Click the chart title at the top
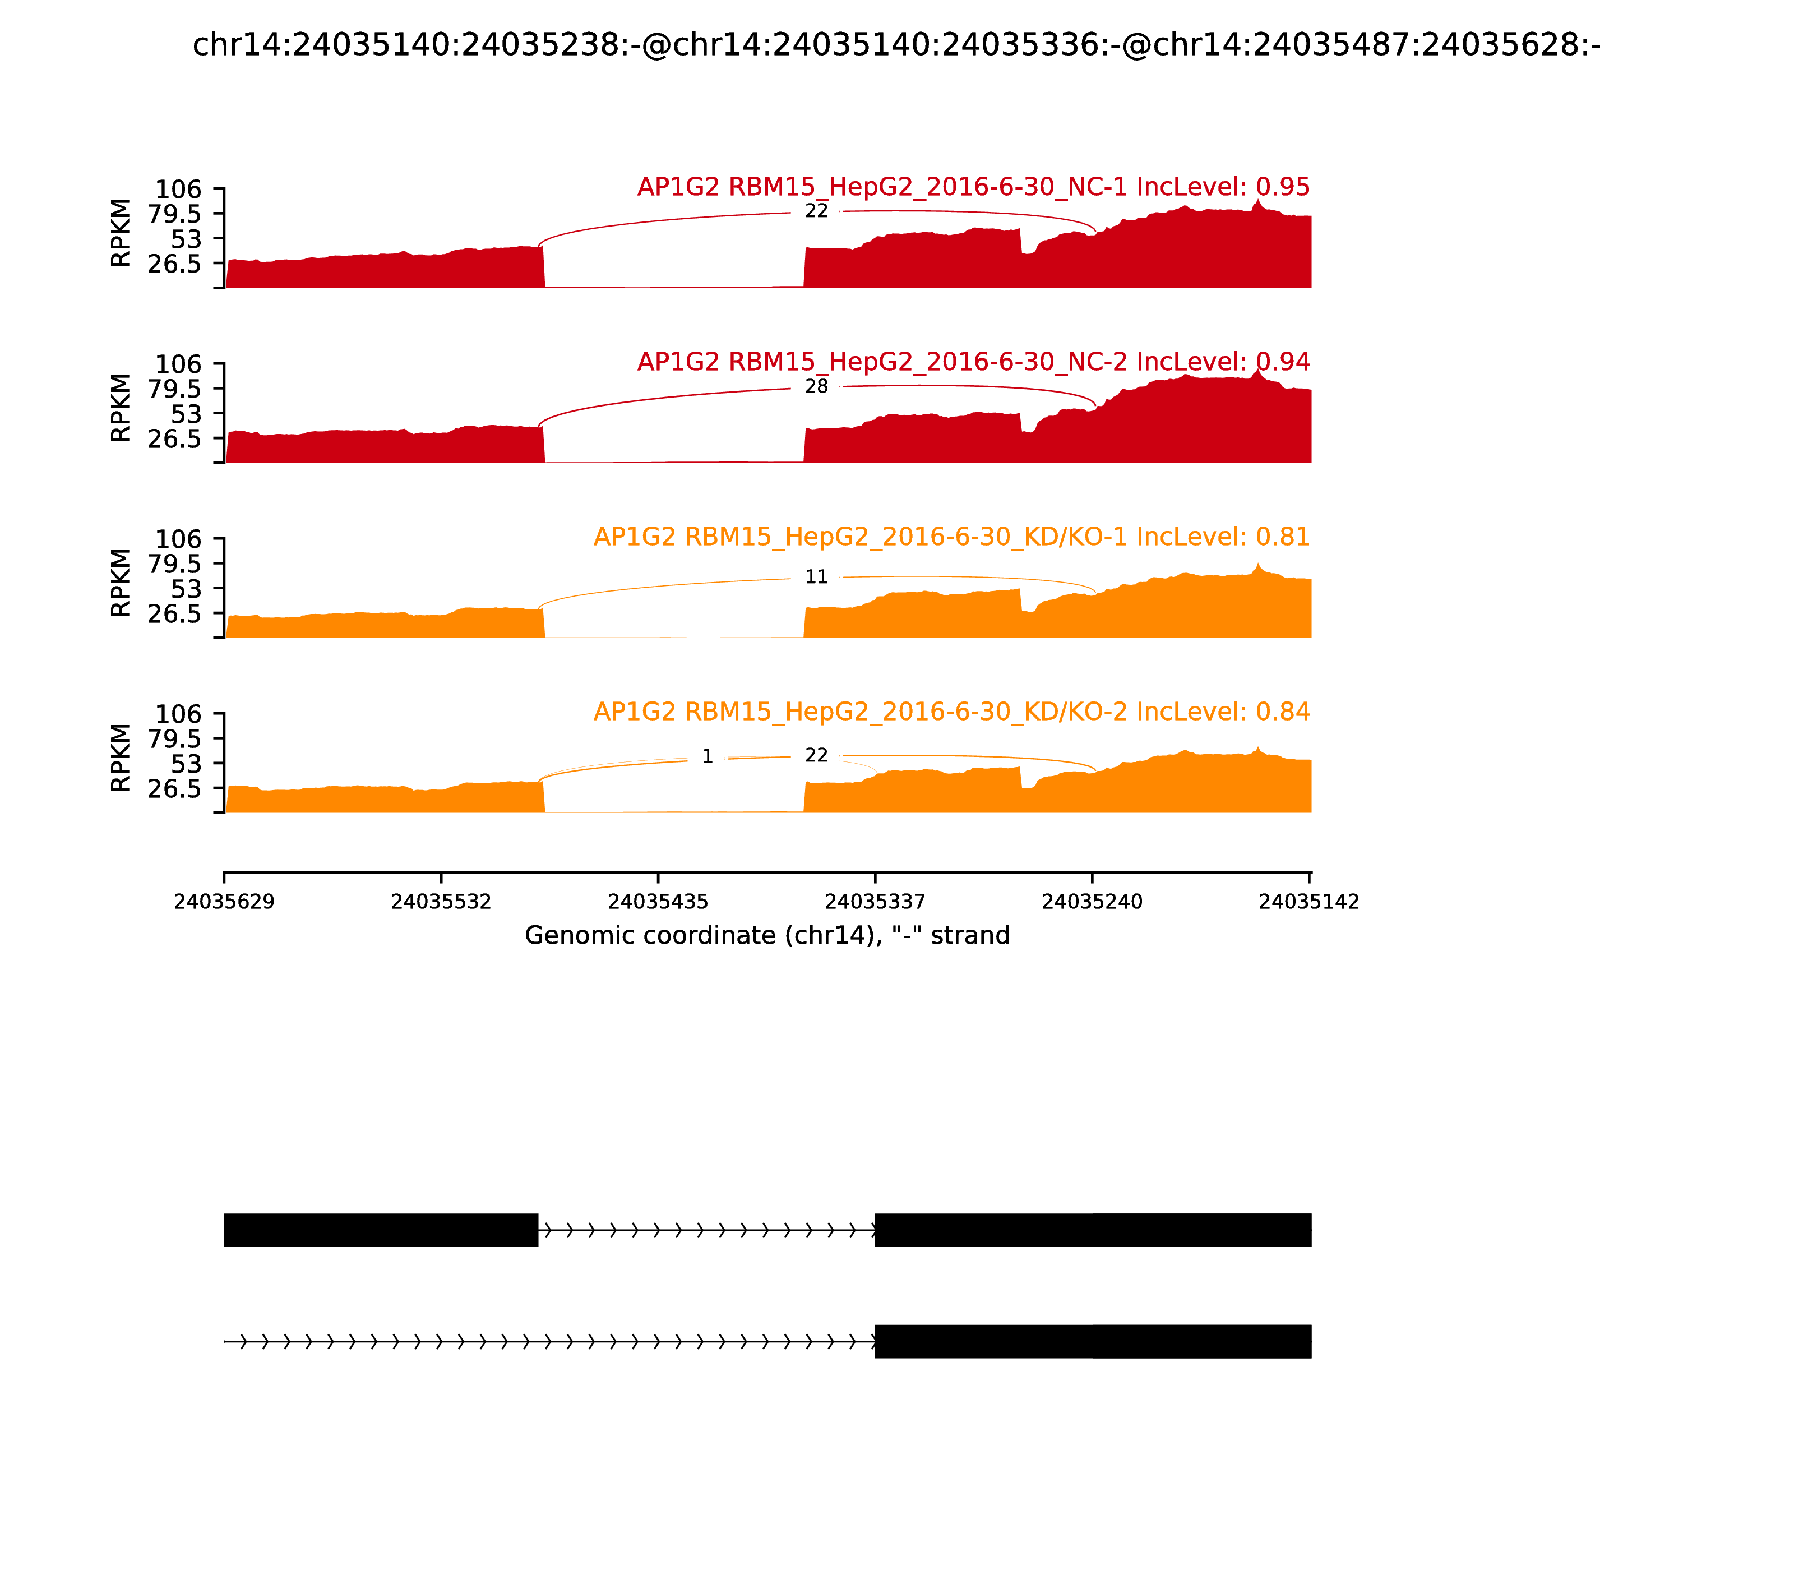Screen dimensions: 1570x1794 pos(896,45)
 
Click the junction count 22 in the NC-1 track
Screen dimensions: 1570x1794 pos(816,211)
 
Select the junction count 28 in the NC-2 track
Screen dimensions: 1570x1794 pos(816,386)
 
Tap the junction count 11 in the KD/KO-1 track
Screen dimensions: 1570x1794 pos(816,576)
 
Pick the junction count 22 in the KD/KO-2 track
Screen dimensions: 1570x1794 pos(816,755)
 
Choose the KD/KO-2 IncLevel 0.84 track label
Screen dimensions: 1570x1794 pos(951,712)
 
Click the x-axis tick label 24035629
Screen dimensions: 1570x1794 pos(224,902)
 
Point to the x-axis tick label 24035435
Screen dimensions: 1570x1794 pos(658,902)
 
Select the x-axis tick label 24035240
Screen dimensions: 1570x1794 pos(1092,902)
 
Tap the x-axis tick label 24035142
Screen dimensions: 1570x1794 pos(1308,902)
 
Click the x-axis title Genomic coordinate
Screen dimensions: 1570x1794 pos(767,936)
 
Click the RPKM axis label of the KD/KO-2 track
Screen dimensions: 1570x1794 pos(121,758)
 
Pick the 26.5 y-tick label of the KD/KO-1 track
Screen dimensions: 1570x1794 pos(174,613)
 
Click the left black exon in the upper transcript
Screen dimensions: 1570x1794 pos(381,1230)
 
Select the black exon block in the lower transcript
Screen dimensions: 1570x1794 pos(1092,1341)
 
